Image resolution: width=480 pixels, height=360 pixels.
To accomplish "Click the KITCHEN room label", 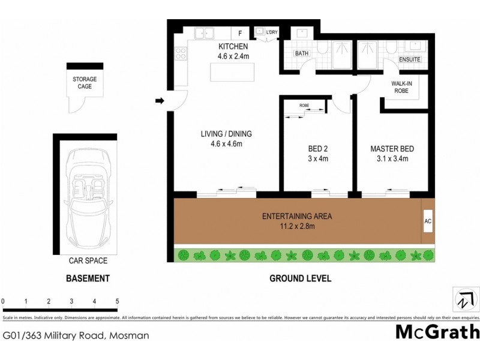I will point(232,46).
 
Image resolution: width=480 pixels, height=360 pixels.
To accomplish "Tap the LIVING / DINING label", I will point(226,134).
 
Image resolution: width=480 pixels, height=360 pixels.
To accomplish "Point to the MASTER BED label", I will point(392,149).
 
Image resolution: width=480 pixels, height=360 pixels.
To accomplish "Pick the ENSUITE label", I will point(410,60).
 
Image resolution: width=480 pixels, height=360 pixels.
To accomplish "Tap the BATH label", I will point(301,53).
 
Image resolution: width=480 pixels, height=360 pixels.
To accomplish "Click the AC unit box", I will point(428,221).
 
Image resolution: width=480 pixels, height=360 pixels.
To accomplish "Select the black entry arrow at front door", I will point(160,101).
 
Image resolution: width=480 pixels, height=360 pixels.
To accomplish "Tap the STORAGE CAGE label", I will point(85,83).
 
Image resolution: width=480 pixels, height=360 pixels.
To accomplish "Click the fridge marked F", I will point(240,33).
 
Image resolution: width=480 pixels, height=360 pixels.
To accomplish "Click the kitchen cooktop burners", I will point(180,53).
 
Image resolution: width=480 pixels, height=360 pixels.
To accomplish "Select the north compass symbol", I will point(463,298).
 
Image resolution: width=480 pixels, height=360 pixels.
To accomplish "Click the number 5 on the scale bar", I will point(117,302).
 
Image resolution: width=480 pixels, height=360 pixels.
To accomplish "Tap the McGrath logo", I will point(437,331).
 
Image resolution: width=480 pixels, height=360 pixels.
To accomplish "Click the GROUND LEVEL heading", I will point(300,279).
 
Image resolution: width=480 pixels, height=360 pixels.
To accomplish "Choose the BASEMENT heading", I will point(88,279).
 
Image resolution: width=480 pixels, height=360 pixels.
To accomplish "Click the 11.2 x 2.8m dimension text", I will point(297,226).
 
